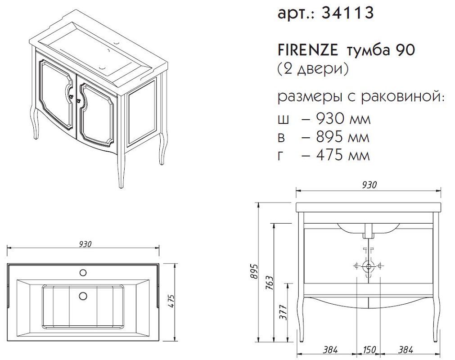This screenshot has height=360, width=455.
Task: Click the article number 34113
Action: [x=347, y=13]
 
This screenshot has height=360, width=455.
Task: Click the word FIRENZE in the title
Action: [x=308, y=51]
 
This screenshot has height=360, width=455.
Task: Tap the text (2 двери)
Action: [x=313, y=69]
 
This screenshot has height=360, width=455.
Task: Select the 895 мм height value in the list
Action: [x=343, y=137]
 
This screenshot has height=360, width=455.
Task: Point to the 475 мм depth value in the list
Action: [x=343, y=155]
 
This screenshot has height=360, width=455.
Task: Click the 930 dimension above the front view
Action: [x=369, y=184]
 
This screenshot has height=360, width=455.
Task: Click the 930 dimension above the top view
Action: [x=85, y=244]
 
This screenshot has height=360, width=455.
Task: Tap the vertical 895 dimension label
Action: [x=254, y=271]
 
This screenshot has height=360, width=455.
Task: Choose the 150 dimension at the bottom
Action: [x=369, y=350]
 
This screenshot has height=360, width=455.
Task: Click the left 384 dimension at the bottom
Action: [x=330, y=350]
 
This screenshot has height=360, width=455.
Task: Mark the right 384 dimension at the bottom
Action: [x=405, y=350]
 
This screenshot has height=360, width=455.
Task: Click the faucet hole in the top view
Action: [x=83, y=273]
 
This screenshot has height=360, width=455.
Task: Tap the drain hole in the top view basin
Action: [x=83, y=295]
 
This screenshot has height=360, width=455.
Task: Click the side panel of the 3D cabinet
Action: [x=143, y=112]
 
